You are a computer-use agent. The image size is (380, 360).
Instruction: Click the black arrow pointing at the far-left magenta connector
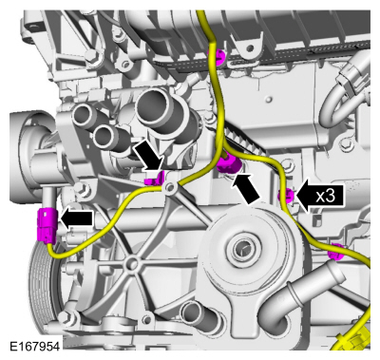(78, 218)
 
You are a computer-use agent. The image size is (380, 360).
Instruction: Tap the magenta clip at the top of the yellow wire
(219, 59)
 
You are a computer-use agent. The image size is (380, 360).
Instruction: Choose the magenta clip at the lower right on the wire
(333, 253)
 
